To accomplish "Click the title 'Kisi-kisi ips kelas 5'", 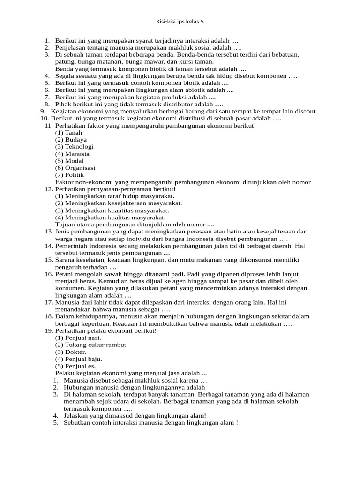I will click(x=180, y=22).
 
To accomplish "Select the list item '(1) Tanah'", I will click(x=68, y=133).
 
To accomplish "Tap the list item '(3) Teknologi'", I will click(x=75, y=147).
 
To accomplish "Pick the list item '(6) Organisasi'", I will click(x=75, y=168).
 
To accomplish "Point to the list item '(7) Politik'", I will click(x=70, y=175).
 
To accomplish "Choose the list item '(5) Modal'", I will click(x=69, y=161).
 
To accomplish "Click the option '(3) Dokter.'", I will click(x=71, y=352).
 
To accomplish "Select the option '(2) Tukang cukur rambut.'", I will click(x=91, y=345).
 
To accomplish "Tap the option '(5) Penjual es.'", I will click(x=75, y=366).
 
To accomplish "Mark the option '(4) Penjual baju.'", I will click(x=79, y=359).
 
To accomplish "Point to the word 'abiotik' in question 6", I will click(x=176, y=90).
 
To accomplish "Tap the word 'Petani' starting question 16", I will click(x=64, y=274).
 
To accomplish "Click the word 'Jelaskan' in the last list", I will click(x=76, y=415).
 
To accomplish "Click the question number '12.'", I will click(x=49, y=189).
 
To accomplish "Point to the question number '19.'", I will click(x=49, y=330).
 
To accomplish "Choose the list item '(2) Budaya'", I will click(x=71, y=140).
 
